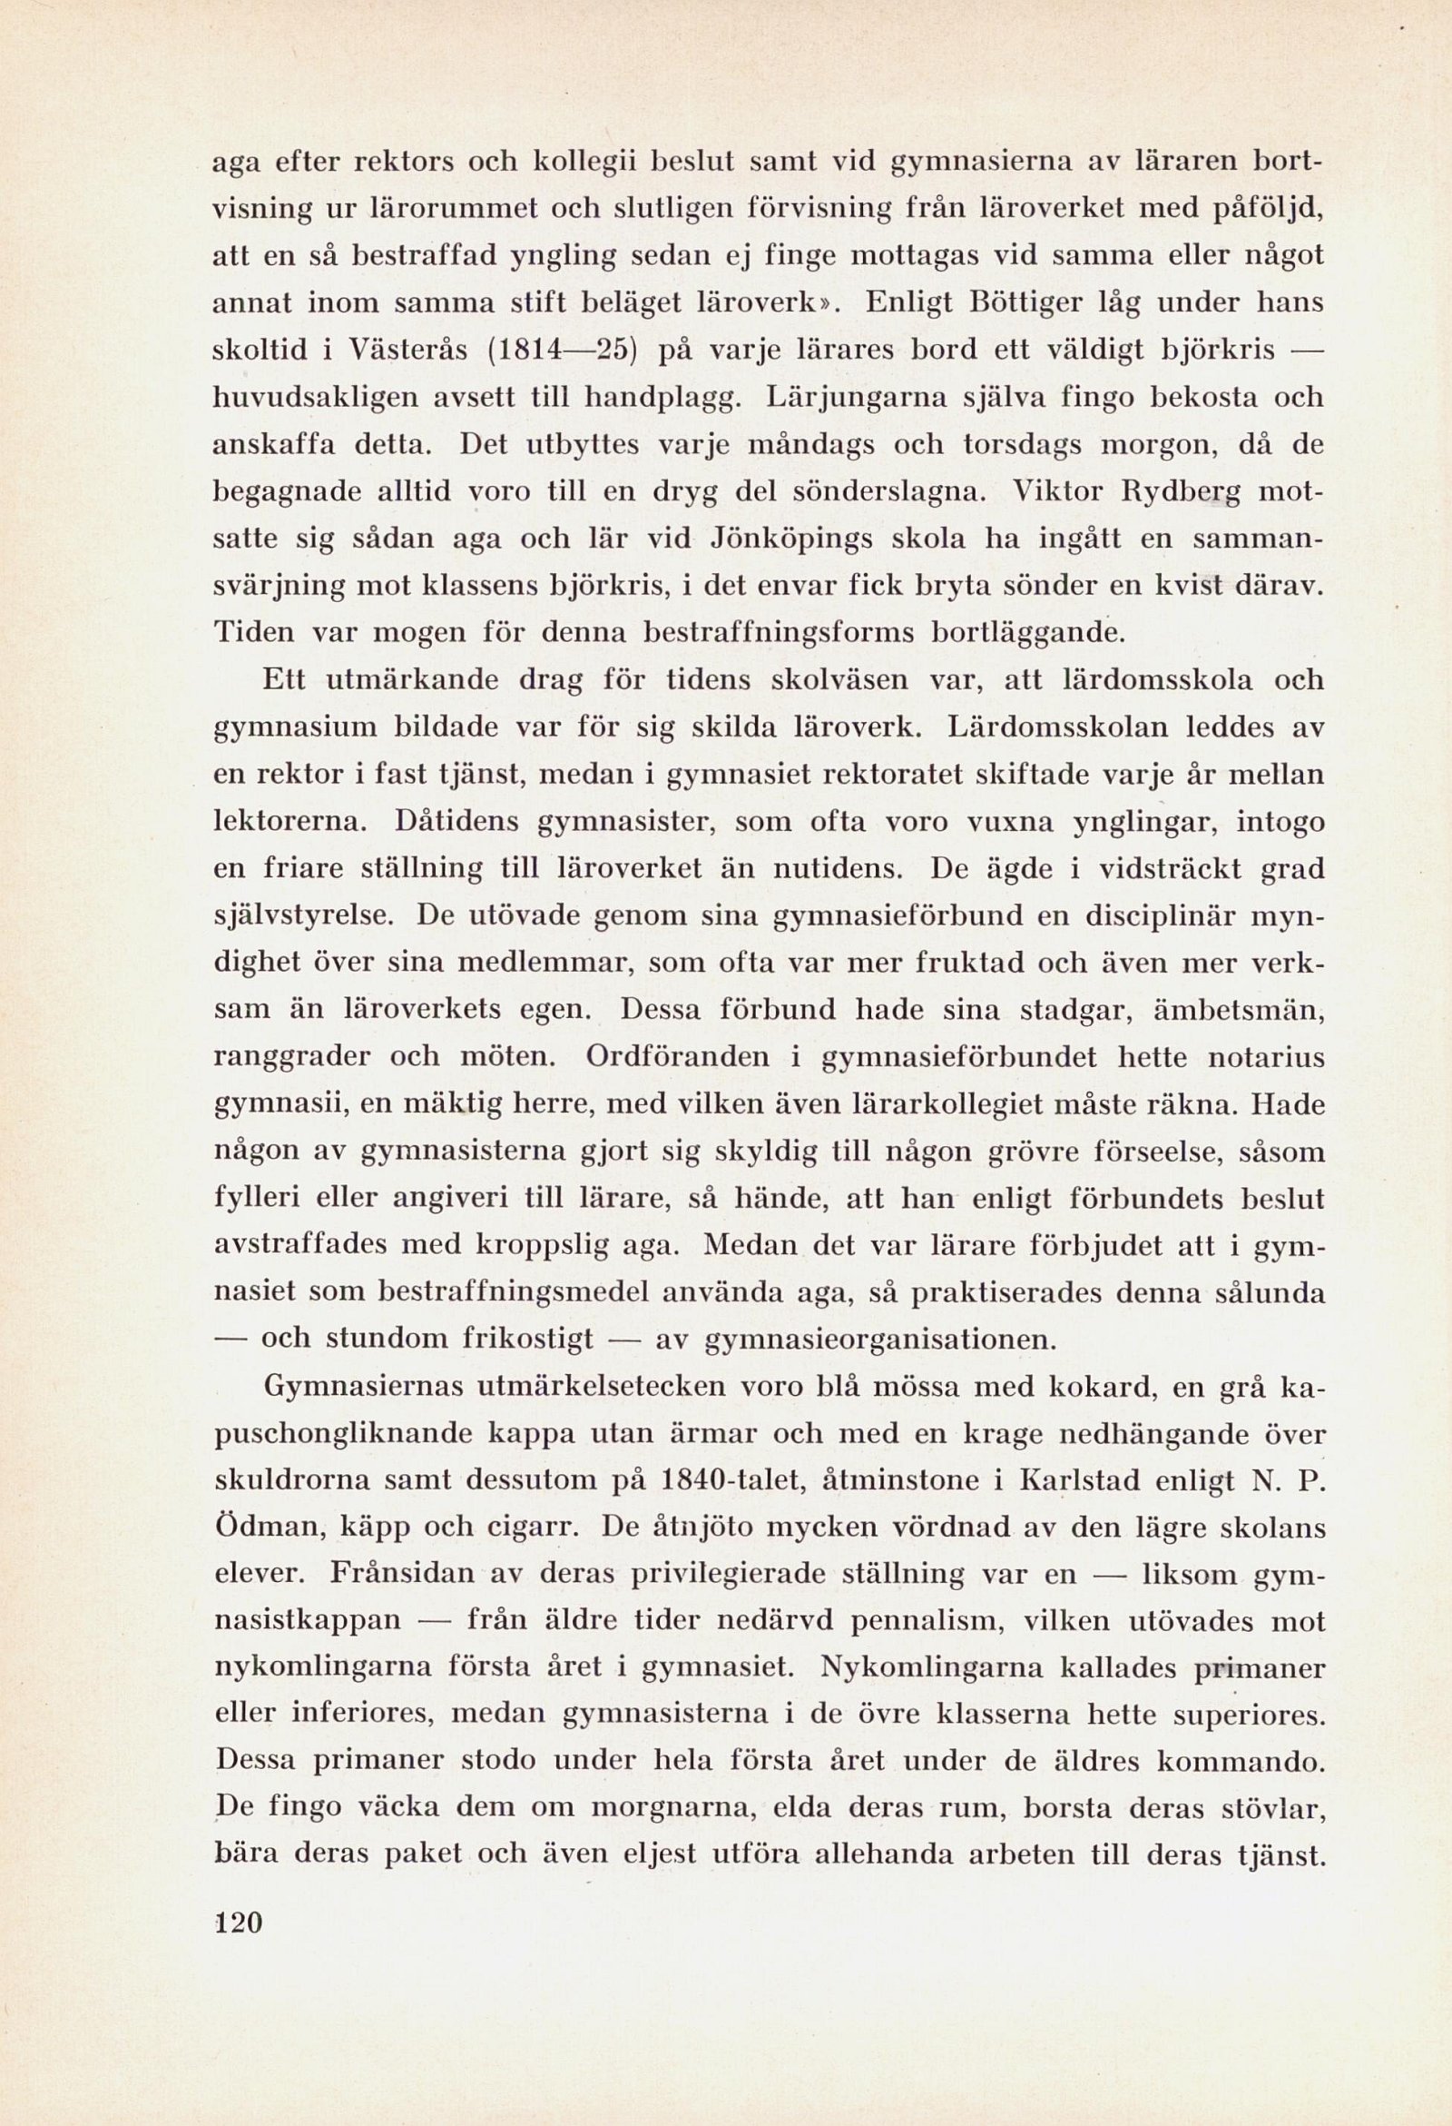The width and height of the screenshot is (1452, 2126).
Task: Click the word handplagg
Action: coord(662,399)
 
